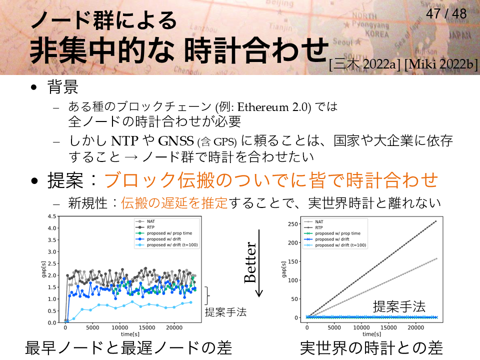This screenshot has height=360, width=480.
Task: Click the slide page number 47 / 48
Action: click(x=446, y=14)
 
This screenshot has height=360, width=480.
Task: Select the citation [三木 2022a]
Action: click(x=364, y=64)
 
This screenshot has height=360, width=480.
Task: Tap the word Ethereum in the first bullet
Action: click(x=263, y=107)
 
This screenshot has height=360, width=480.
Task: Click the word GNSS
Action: click(x=176, y=141)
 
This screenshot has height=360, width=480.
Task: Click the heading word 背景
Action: click(x=63, y=86)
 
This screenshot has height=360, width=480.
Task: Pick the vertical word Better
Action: click(x=250, y=262)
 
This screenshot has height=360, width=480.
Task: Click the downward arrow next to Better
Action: click(x=259, y=263)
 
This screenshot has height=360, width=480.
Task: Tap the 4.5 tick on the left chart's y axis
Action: click(x=51, y=216)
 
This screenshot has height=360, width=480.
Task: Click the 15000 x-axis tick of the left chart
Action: click(x=147, y=327)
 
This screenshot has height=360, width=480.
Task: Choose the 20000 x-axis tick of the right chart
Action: click(x=415, y=327)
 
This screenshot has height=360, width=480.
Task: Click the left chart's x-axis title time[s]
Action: click(x=130, y=334)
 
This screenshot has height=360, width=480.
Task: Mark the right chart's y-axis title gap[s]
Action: click(x=284, y=269)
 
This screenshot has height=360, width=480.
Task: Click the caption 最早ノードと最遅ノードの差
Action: click(x=128, y=348)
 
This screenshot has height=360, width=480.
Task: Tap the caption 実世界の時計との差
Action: click(x=371, y=348)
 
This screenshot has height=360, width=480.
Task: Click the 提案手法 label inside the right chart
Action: click(x=399, y=306)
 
